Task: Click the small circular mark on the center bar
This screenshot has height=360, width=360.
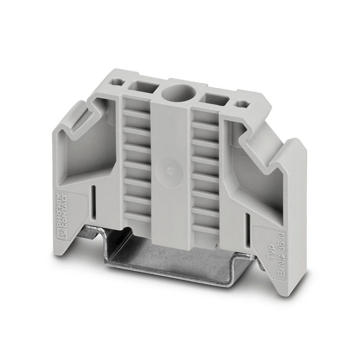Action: [170, 171]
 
